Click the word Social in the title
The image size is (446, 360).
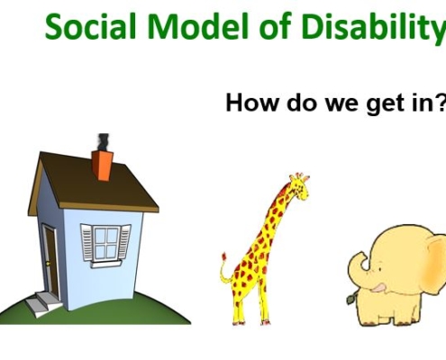pos(91,26)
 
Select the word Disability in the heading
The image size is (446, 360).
pos(374,29)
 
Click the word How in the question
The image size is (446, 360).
pos(251,103)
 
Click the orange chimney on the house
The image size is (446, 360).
pos(103,166)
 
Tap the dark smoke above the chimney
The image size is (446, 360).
pos(104,142)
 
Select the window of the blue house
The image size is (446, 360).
pos(105,245)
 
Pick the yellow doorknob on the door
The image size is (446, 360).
pos(48,264)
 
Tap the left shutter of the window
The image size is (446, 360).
pos(87,242)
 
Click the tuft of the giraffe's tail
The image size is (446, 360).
pos(223,257)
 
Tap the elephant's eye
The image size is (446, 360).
pos(380,270)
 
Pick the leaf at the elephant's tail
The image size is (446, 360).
pos(350,299)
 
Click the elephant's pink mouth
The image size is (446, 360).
pos(378,288)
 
